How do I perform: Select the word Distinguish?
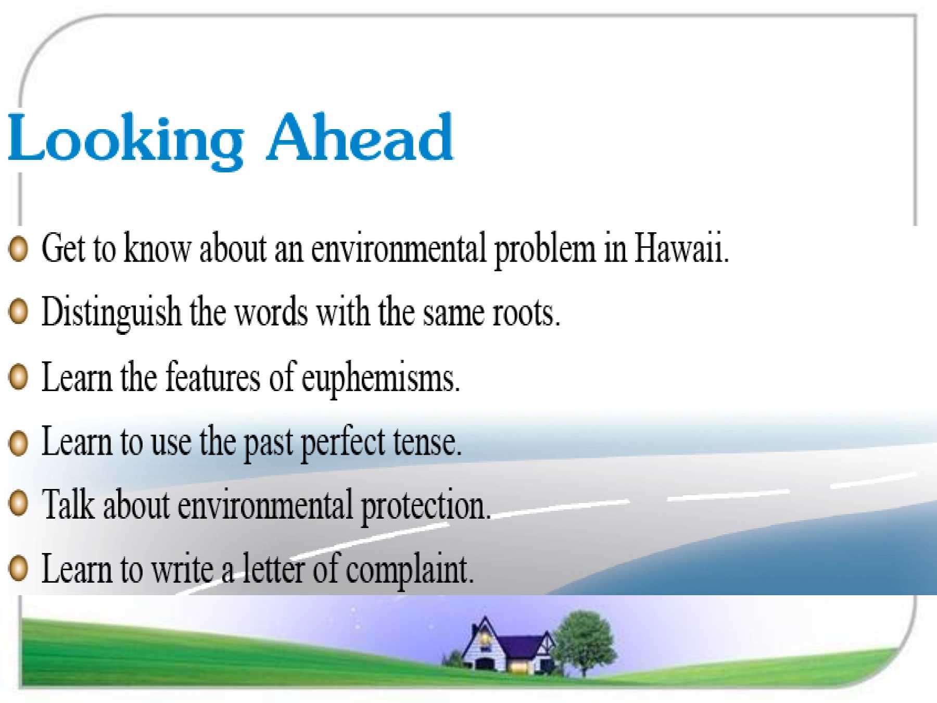111,313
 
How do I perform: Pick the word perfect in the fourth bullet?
343,443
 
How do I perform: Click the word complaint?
410,570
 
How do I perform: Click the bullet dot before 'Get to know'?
18,249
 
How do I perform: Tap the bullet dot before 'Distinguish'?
18,312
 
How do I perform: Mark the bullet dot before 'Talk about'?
18,504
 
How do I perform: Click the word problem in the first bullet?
545,249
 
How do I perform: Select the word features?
213,377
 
